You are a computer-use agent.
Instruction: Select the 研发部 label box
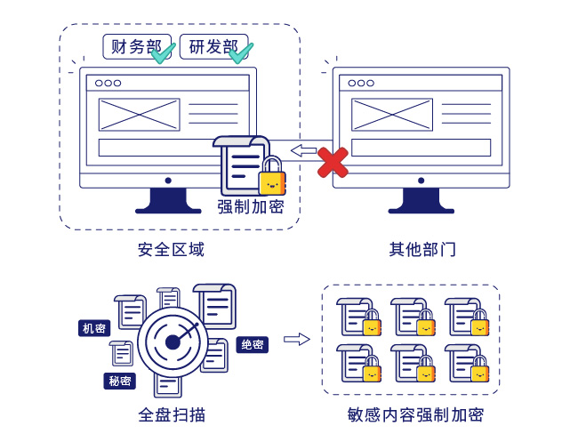point(212,46)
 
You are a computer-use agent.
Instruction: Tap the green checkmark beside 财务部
point(162,54)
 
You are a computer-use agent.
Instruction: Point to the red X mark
point(333,162)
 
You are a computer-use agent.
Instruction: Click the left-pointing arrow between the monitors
point(305,150)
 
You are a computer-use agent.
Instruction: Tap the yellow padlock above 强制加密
point(271,177)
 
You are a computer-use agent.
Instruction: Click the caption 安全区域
point(171,250)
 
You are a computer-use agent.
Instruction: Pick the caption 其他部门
point(422,250)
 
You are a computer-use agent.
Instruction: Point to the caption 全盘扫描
point(173,414)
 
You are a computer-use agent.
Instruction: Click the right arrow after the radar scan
point(296,339)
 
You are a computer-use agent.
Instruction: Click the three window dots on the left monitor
point(108,83)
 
